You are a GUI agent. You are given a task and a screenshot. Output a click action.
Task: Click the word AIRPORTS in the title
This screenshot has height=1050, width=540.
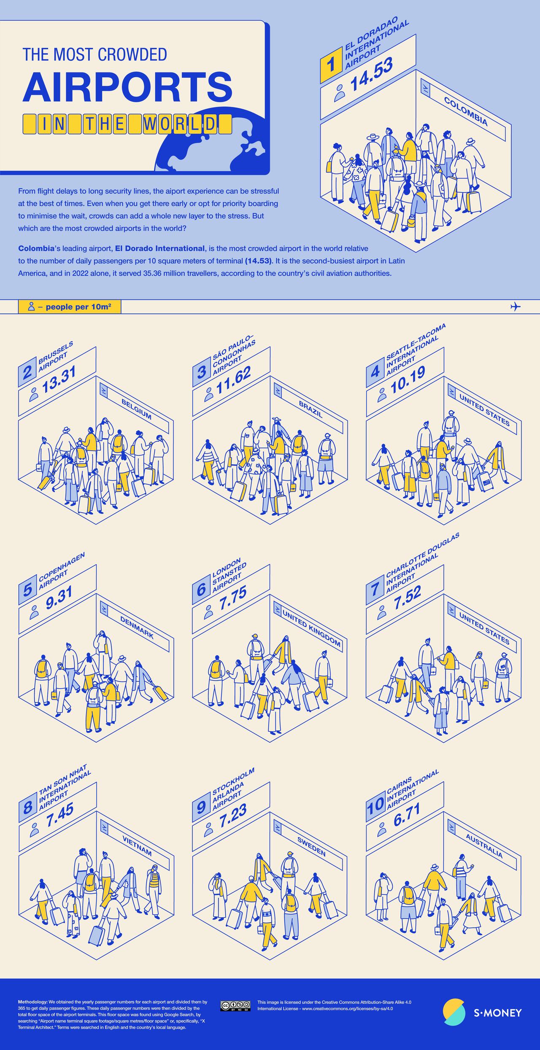coord(127,86)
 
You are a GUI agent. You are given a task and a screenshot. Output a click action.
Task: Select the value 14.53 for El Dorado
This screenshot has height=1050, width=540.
coord(371,74)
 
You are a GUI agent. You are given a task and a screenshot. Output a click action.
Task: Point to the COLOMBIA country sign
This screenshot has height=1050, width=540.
coord(466,111)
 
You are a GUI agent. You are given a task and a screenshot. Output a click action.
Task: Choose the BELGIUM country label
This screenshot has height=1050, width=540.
coord(136,409)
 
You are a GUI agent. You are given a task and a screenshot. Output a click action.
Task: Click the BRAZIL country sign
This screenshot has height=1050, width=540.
coord(310,409)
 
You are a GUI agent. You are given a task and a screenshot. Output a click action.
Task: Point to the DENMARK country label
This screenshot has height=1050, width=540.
coord(137,627)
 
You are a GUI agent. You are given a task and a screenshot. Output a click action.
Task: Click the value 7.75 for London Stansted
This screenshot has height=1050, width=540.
coord(233,598)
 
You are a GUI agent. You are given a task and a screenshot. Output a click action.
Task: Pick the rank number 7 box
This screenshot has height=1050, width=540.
coord(375,590)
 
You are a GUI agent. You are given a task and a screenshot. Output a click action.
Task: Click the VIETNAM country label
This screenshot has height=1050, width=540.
coord(137,845)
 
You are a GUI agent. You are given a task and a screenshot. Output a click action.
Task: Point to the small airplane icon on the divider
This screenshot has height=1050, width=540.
coord(516,307)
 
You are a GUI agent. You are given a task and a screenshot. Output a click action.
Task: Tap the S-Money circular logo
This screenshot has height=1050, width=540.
coord(454,1012)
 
